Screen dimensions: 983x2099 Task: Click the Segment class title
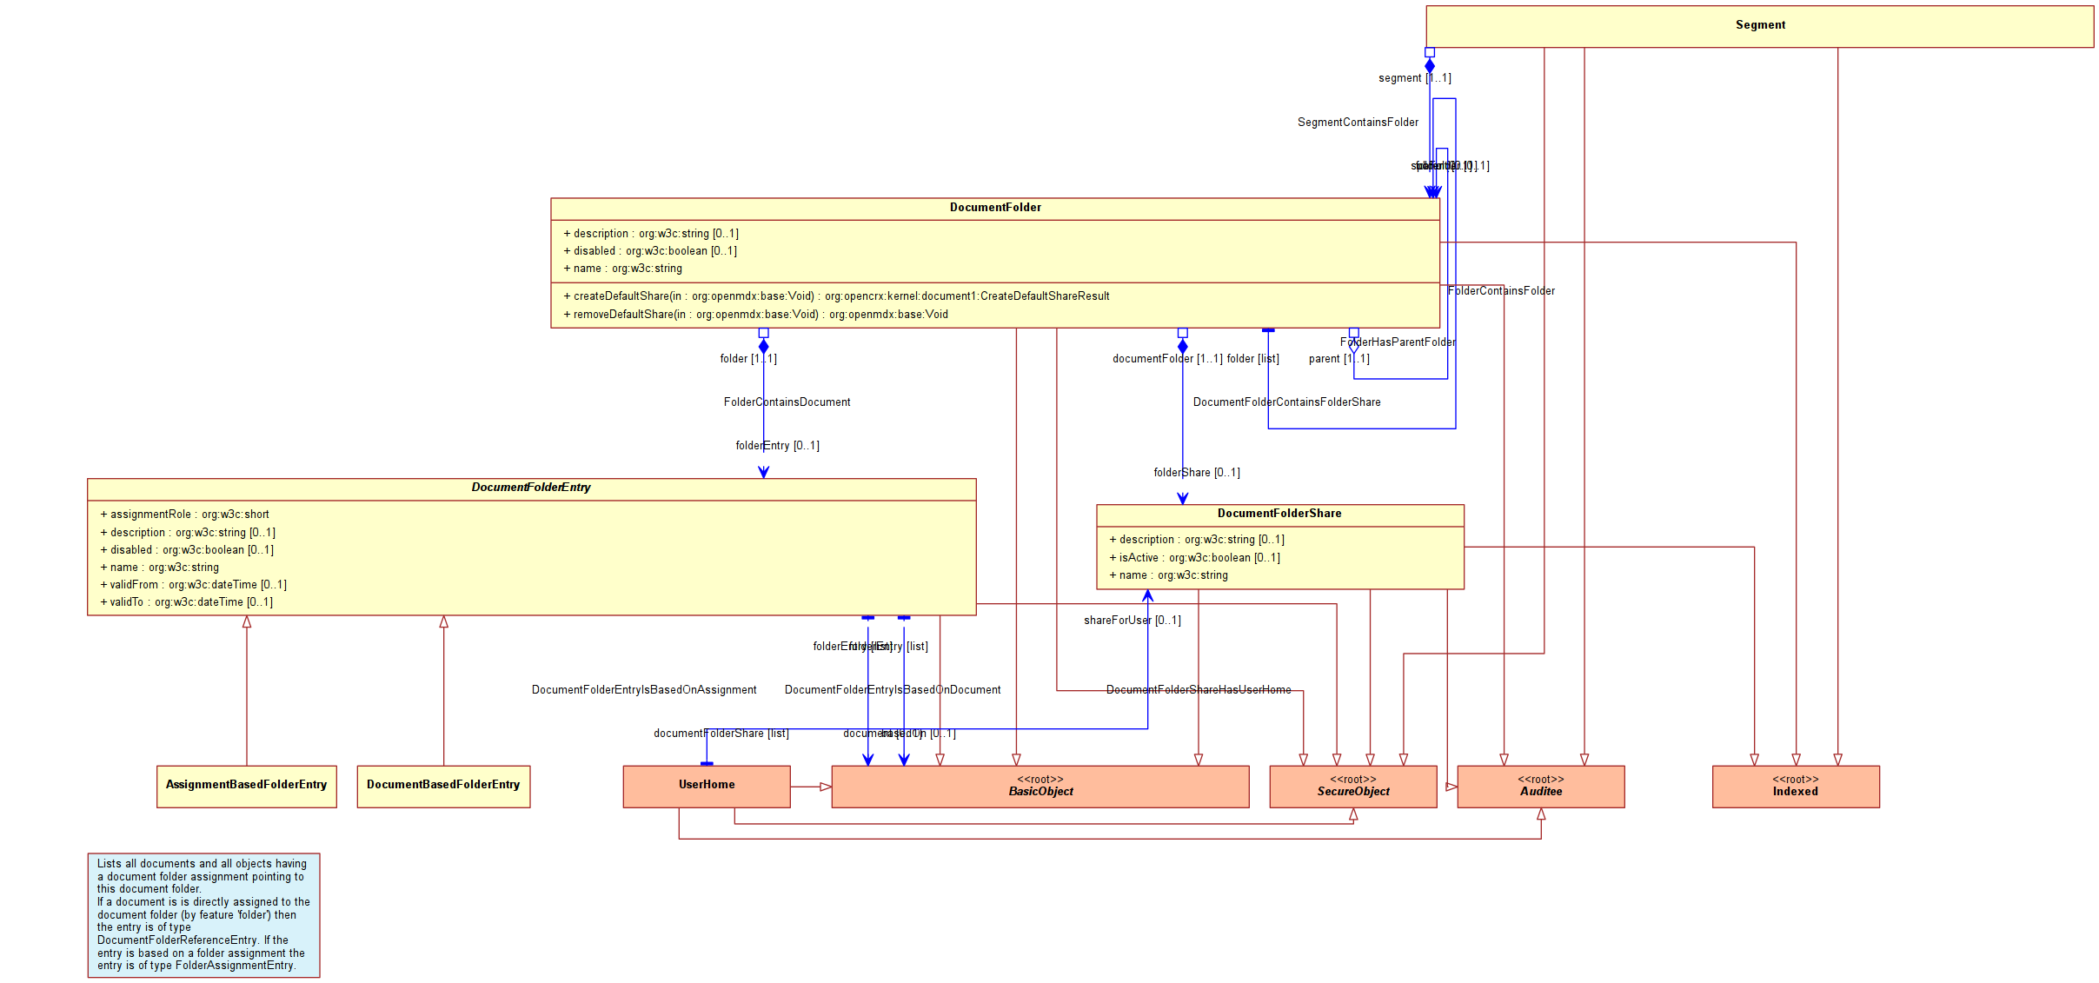(1760, 25)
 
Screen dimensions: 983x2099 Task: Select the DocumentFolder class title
(995, 208)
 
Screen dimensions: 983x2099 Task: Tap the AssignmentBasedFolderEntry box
(246, 785)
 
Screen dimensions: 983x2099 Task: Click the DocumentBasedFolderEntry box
(443, 785)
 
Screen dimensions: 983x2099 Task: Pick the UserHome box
(707, 785)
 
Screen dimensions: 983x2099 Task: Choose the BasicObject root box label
(1040, 791)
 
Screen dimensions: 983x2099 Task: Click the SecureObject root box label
(1353, 791)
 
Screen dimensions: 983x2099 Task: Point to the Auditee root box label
(1541, 791)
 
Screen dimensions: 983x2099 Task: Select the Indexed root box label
(1796, 791)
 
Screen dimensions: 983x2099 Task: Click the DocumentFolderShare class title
(1279, 514)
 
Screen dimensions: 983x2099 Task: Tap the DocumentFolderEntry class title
(531, 488)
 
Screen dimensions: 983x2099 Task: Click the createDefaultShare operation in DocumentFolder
(836, 296)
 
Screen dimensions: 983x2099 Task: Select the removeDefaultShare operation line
(755, 315)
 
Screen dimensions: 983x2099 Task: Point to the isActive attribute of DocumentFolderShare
(1194, 558)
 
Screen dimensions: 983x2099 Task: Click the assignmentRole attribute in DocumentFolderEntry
(184, 515)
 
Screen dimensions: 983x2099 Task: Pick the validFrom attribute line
(193, 585)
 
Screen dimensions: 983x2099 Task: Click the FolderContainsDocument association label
(787, 402)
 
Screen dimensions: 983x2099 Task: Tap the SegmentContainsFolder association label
(1358, 123)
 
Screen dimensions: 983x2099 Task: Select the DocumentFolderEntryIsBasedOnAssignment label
(644, 690)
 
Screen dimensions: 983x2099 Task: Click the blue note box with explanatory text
(203, 915)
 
